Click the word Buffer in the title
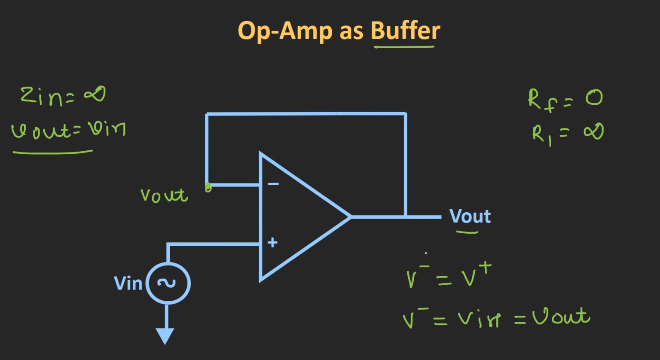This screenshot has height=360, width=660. [405, 31]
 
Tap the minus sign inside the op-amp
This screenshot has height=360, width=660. [273, 184]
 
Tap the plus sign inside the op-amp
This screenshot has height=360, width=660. [272, 243]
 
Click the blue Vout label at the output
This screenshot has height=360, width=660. [470, 217]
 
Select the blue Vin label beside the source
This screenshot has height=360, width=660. [128, 284]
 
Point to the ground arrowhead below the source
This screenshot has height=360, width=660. [165, 336]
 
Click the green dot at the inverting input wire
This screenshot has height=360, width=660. [208, 188]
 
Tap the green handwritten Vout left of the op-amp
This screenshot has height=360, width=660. [164, 195]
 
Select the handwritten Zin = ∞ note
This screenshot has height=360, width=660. [63, 95]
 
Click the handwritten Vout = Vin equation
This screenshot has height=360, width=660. [68, 130]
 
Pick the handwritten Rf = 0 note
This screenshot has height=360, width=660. [565, 99]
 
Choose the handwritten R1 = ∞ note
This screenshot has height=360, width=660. [567, 133]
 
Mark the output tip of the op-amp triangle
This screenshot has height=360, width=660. [351, 217]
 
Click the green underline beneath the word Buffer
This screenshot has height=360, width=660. [404, 46]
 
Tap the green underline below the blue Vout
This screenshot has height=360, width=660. [467, 232]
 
